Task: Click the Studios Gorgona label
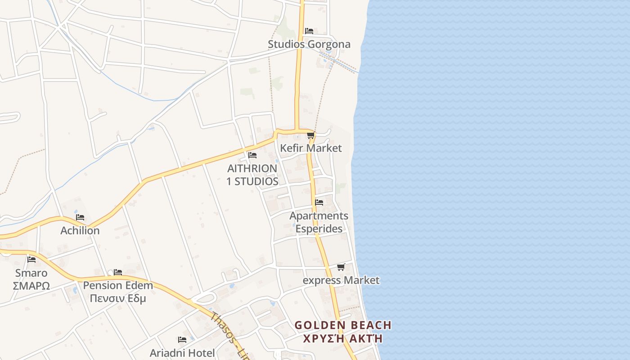coord(309,44)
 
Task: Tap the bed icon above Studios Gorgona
coord(309,31)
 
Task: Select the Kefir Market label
coord(310,148)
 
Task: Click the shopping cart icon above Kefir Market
coord(310,135)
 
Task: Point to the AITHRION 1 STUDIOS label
coord(252,175)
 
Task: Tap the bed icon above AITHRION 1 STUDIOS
coord(252,155)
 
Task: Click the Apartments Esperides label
coord(319,222)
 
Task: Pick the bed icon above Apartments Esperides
coord(319,202)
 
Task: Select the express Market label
coord(341,280)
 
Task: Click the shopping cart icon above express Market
coord(341,267)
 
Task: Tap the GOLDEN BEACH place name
coord(343,325)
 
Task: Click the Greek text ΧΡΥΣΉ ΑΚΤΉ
coord(343,339)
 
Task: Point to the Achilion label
coord(80,230)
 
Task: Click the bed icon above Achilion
coord(80,217)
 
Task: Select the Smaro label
coord(31,273)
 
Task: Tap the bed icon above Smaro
coord(31,259)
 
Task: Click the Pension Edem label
coord(118,285)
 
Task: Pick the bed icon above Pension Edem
coord(118,272)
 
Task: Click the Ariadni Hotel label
coord(182,353)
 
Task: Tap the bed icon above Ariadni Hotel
coord(182,340)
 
